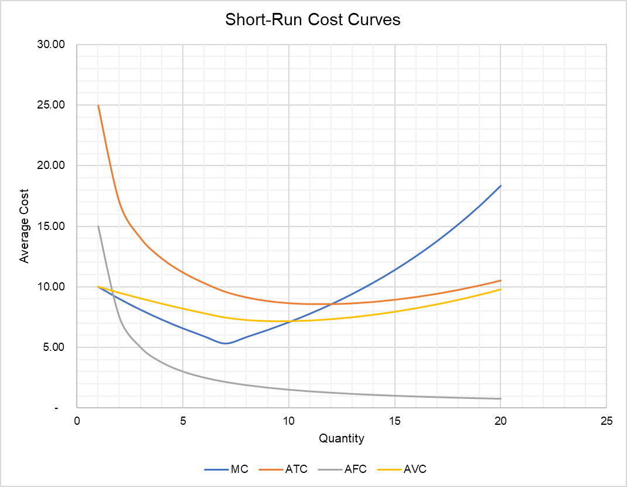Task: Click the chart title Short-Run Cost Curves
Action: tap(313, 20)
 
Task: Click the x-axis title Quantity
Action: tap(341, 438)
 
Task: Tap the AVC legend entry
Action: tap(413, 469)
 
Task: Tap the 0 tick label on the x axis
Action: tap(77, 421)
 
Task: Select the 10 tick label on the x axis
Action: tap(288, 421)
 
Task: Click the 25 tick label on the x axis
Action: tap(606, 421)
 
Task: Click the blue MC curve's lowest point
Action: tap(224, 343)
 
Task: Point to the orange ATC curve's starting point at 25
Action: tap(98, 106)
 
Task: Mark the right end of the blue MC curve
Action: tap(500, 185)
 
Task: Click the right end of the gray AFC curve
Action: tap(500, 398)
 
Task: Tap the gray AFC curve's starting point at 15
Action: tap(98, 226)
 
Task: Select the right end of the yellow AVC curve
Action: tap(500, 289)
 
